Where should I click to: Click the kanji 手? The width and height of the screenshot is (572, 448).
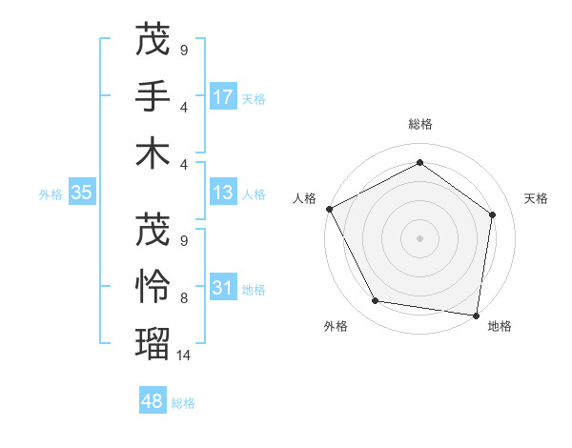click(153, 96)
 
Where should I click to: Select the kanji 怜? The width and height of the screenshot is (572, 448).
click(153, 286)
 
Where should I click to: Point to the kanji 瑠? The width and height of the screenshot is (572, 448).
click(153, 342)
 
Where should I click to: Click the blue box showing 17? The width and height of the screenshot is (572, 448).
click(223, 96)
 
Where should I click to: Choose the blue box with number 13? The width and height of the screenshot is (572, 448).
click(223, 193)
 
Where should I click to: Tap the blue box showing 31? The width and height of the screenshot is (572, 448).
click(223, 287)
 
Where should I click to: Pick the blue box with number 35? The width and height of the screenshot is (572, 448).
click(81, 193)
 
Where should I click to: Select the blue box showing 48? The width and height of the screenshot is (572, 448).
click(153, 401)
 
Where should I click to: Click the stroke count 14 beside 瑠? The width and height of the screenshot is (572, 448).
click(184, 355)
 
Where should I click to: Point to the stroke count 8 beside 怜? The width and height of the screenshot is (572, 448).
click(184, 298)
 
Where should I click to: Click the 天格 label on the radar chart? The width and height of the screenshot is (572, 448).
click(536, 198)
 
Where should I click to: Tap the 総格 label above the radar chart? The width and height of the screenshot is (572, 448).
click(419, 124)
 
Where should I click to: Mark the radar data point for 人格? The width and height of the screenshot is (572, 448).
click(329, 209)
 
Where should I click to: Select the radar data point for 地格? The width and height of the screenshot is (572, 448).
click(476, 314)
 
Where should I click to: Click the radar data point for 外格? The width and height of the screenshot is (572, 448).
click(376, 301)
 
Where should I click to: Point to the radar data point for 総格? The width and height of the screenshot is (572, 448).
click(419, 163)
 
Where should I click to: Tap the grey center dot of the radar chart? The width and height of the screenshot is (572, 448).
click(419, 238)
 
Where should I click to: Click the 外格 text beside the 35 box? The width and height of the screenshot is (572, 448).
click(51, 193)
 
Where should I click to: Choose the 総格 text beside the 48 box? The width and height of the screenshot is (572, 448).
click(183, 402)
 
